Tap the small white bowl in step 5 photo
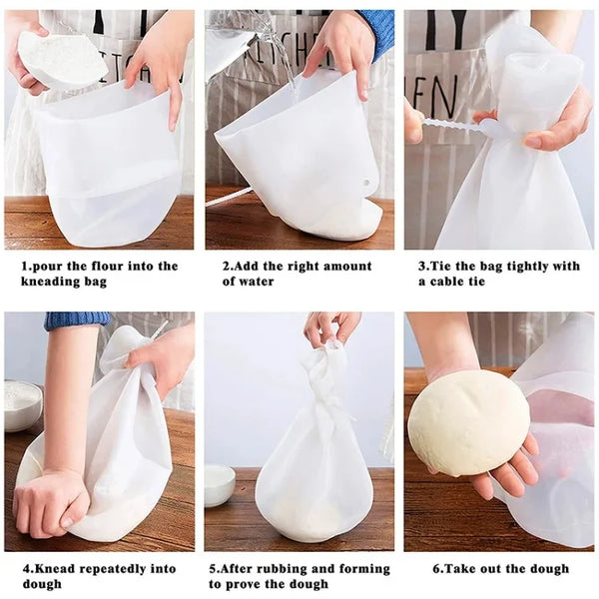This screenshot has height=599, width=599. point(220,484)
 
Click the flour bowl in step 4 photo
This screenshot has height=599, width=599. point(23,404)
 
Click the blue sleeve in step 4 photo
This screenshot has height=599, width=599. point(76,320)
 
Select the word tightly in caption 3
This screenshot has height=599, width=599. point(521,267)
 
